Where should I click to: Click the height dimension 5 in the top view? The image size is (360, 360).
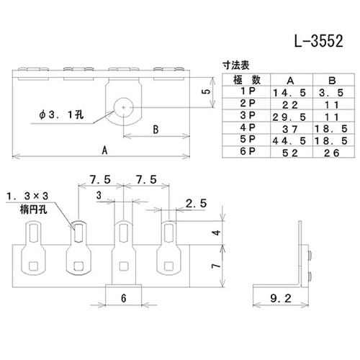coord(205,92)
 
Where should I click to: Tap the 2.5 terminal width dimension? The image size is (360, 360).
coord(194,204)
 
